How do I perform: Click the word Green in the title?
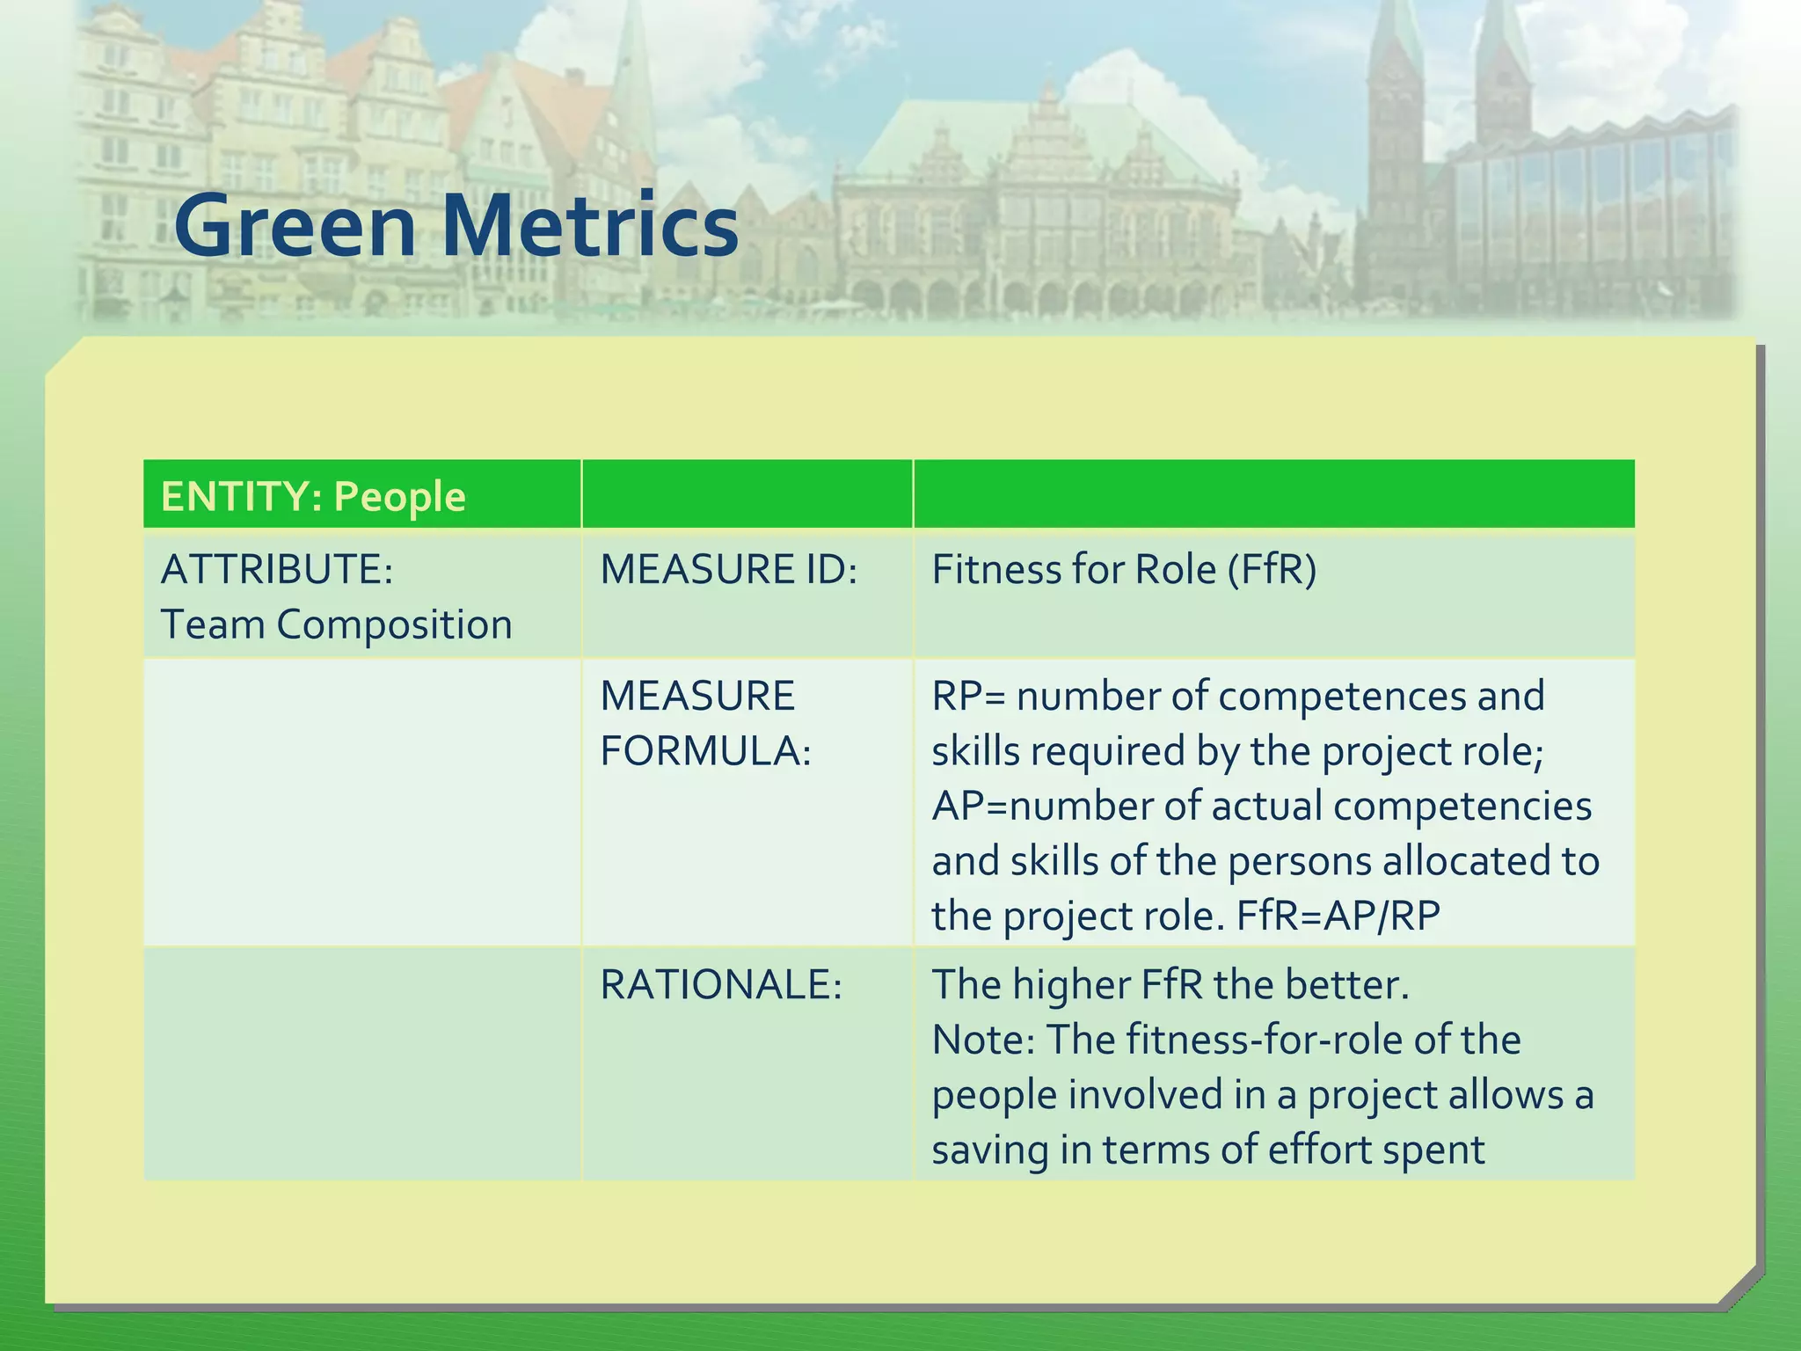click(295, 227)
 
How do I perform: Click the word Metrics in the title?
click(589, 227)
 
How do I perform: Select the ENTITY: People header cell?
click(313, 496)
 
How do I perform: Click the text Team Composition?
click(336, 624)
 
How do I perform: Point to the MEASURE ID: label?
click(728, 569)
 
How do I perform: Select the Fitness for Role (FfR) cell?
click(1124, 569)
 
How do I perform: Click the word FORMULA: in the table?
click(705, 751)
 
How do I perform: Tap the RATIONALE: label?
click(721, 984)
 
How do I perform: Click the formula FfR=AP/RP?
click(1338, 916)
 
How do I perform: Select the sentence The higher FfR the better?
click(1170, 984)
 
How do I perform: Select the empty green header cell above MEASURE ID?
click(747, 494)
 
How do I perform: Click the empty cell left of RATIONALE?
click(361, 1063)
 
